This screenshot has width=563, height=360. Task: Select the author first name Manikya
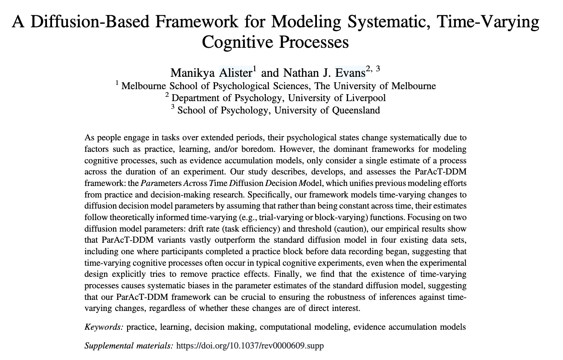(192, 73)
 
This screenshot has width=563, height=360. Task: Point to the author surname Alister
(235, 73)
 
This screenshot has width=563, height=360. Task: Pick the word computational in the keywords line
(285, 327)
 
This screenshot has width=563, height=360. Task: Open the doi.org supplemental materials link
(250, 346)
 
